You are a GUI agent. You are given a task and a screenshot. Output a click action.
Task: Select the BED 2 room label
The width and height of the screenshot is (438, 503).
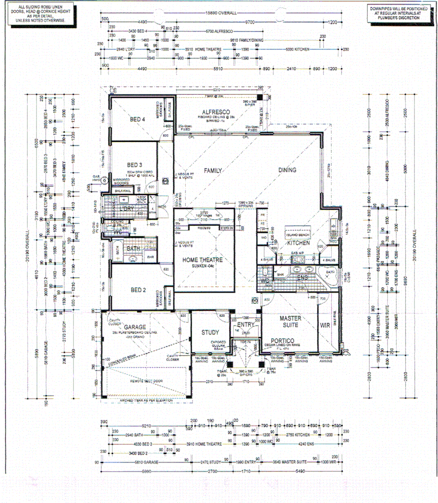[x=137, y=290]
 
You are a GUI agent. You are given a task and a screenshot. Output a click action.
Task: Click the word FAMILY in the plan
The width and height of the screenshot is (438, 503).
[x=213, y=171]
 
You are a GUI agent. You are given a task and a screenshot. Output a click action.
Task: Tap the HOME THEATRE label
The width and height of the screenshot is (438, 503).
[x=202, y=260]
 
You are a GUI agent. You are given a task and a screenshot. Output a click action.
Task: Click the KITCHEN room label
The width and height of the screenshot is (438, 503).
[x=298, y=244]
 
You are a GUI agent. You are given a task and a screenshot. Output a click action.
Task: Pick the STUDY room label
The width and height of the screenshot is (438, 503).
[x=210, y=332]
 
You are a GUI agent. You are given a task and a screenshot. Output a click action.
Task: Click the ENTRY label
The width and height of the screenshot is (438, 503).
[x=245, y=325]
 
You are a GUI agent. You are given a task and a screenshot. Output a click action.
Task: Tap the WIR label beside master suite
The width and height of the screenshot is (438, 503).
[x=325, y=326]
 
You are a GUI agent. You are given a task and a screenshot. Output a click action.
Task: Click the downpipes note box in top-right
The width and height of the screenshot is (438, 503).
[x=394, y=13]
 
